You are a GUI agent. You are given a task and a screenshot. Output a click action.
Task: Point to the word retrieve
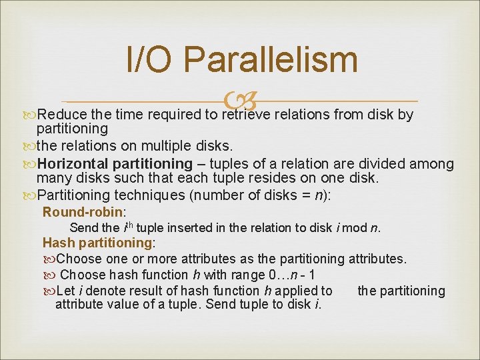[247, 115]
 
